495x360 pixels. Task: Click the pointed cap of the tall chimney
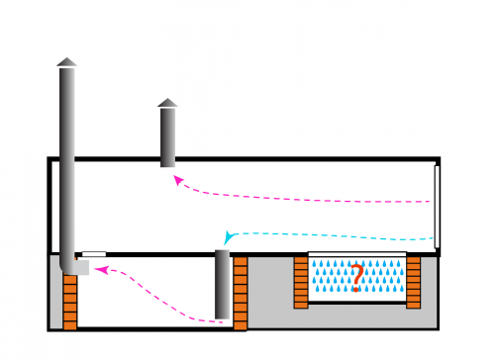(66, 62)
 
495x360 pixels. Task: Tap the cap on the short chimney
(167, 103)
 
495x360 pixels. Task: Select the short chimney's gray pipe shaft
(167, 136)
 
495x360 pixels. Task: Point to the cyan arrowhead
(229, 237)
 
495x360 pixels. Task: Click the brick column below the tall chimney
(69, 301)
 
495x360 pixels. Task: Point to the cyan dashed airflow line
(337, 235)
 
